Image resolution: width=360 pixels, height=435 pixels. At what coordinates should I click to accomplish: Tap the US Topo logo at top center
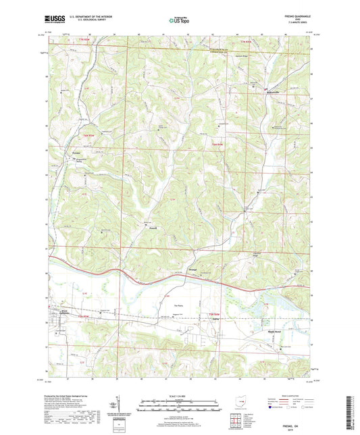point(179,21)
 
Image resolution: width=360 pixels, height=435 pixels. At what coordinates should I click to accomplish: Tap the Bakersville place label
point(271,87)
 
